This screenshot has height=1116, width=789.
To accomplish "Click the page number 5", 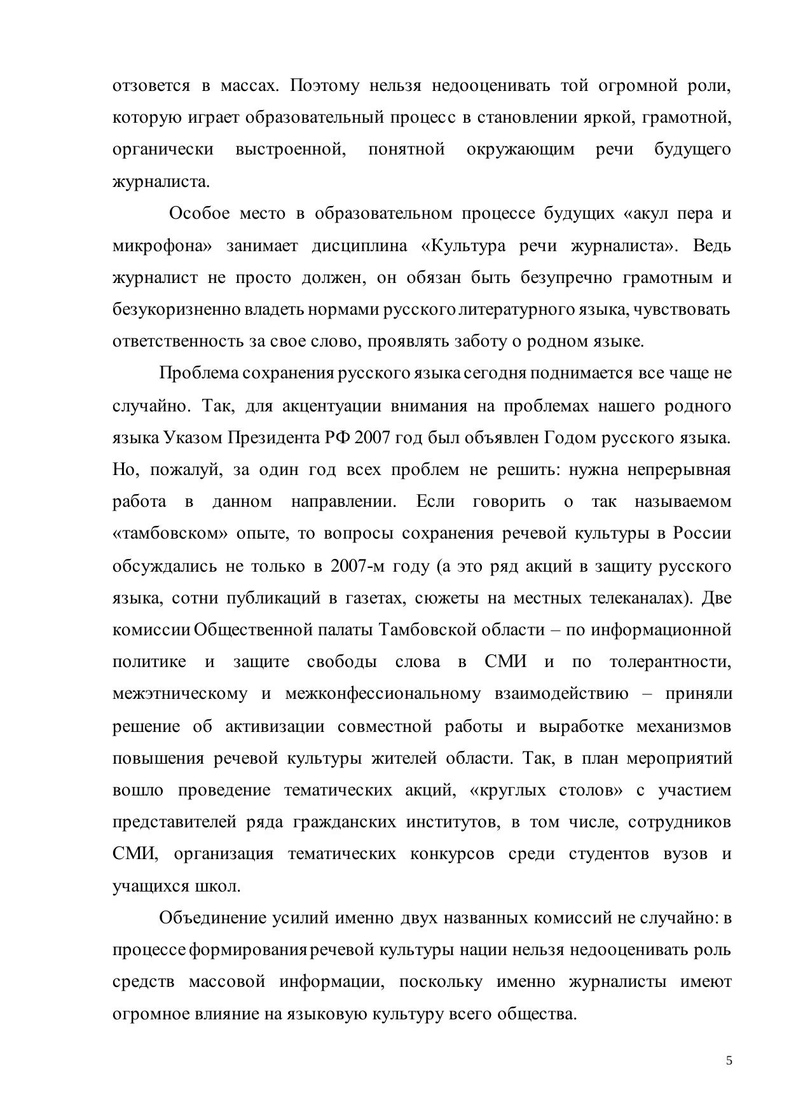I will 729,1060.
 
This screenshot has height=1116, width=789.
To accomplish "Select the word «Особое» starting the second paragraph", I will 199,214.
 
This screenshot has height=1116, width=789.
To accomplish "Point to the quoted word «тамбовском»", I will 170,534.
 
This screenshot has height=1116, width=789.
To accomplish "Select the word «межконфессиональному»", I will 383,694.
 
